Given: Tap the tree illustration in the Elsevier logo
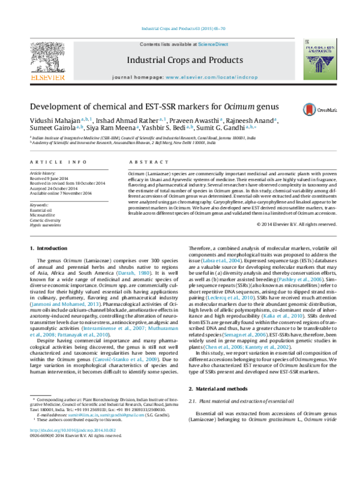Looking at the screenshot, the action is tap(47, 58).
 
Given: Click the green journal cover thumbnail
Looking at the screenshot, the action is tap(319, 59).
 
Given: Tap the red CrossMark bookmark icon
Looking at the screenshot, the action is tap(310, 110).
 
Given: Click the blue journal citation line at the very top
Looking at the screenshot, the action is tap(183, 28).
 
